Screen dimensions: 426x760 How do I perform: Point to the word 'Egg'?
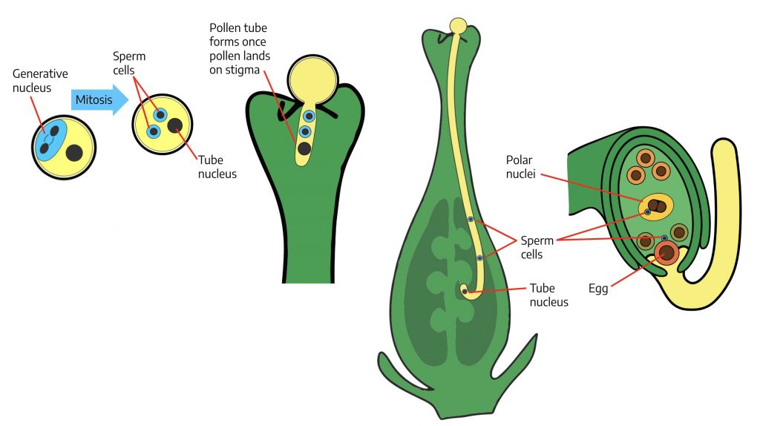[598, 289]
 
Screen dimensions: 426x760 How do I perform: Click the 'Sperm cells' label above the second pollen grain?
[131, 63]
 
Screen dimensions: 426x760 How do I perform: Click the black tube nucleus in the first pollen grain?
[74, 154]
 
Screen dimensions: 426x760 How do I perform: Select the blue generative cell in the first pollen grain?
[50, 140]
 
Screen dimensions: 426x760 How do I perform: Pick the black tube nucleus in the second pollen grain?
[176, 125]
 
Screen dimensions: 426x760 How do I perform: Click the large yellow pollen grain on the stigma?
[312, 80]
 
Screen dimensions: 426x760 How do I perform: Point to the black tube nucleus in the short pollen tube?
[304, 148]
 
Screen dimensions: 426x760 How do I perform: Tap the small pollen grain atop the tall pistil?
[459, 26]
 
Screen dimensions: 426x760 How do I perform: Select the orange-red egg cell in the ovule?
[666, 254]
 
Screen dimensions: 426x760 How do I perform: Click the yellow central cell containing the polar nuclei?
[656, 206]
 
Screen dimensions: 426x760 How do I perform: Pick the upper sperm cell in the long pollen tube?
[471, 219]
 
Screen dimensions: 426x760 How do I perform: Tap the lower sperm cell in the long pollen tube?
[480, 258]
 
